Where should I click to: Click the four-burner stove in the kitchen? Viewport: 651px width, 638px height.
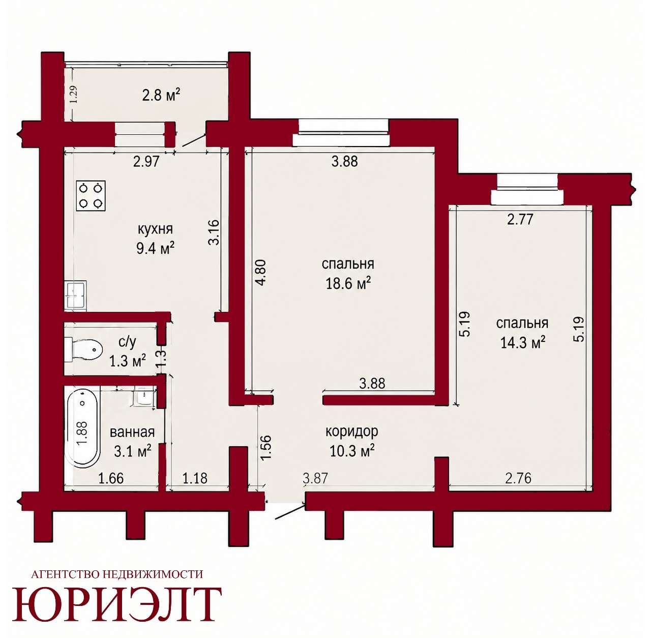click(x=91, y=196)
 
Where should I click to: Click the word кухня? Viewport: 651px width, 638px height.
click(x=156, y=229)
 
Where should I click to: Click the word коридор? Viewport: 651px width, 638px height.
click(x=352, y=431)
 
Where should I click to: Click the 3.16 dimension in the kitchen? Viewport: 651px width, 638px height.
click(x=214, y=232)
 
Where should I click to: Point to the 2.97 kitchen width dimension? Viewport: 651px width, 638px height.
click(x=146, y=162)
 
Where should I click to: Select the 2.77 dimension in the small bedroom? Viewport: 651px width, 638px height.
click(x=521, y=219)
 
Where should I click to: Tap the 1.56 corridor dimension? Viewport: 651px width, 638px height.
click(x=266, y=447)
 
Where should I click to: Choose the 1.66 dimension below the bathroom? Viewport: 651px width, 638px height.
click(x=111, y=478)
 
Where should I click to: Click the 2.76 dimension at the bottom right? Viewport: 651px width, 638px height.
click(x=519, y=478)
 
